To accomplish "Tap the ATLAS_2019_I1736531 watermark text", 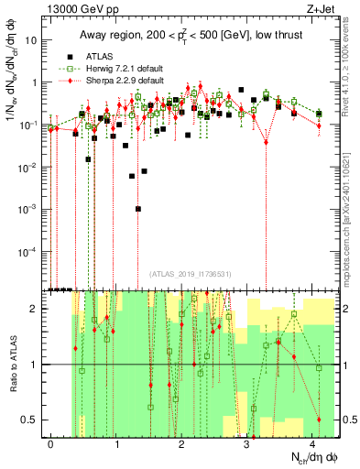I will [190, 274].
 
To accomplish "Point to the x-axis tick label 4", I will [313, 444].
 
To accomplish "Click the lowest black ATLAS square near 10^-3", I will [138, 209].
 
